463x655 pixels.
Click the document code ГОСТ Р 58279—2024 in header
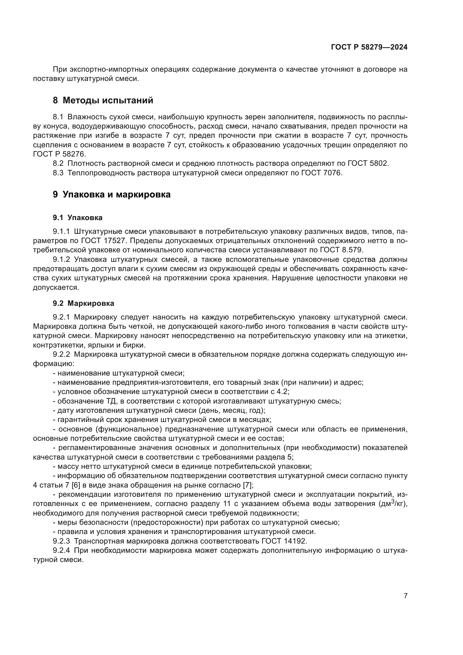pyautogui.click(x=369, y=47)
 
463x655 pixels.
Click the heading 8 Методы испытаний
pyautogui.click(x=103, y=101)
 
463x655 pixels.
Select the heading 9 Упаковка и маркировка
pyautogui.click(x=111, y=195)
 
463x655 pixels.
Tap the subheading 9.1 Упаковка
pyautogui.click(x=78, y=218)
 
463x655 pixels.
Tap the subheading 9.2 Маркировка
pyautogui.click(x=83, y=303)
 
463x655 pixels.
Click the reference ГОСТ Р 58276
pyautogui.click(x=59, y=154)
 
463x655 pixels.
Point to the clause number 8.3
pyautogui.click(x=58, y=173)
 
